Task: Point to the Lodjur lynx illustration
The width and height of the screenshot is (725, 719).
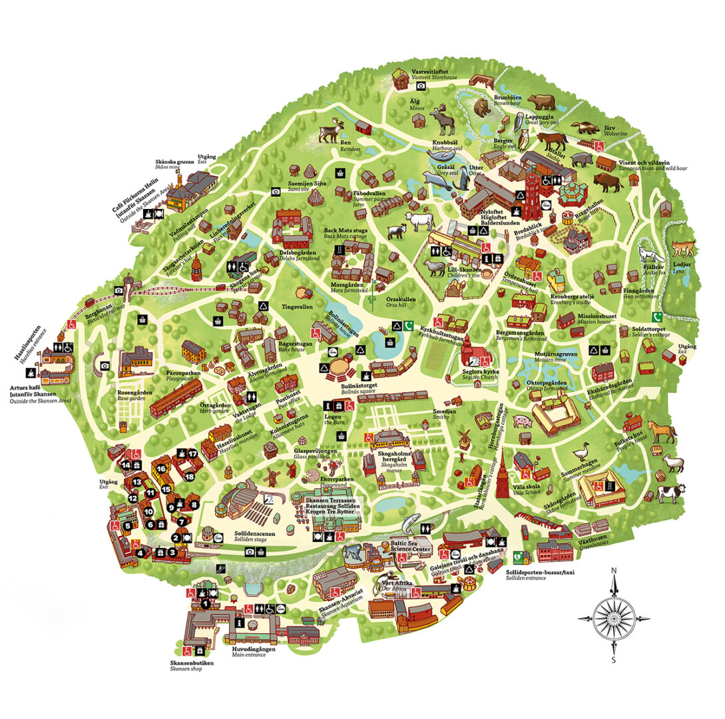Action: pyautogui.click(x=682, y=250)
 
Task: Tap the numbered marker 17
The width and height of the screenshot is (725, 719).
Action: pyautogui.click(x=193, y=454)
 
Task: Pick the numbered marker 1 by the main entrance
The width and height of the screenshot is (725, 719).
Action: pyautogui.click(x=205, y=604)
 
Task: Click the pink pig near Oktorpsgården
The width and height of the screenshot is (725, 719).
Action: pyautogui.click(x=523, y=421)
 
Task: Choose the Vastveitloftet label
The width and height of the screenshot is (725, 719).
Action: pyautogui.click(x=433, y=71)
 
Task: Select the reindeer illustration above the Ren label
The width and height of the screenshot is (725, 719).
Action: pyautogui.click(x=330, y=132)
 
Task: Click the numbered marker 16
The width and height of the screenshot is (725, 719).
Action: pyautogui.click(x=160, y=468)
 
